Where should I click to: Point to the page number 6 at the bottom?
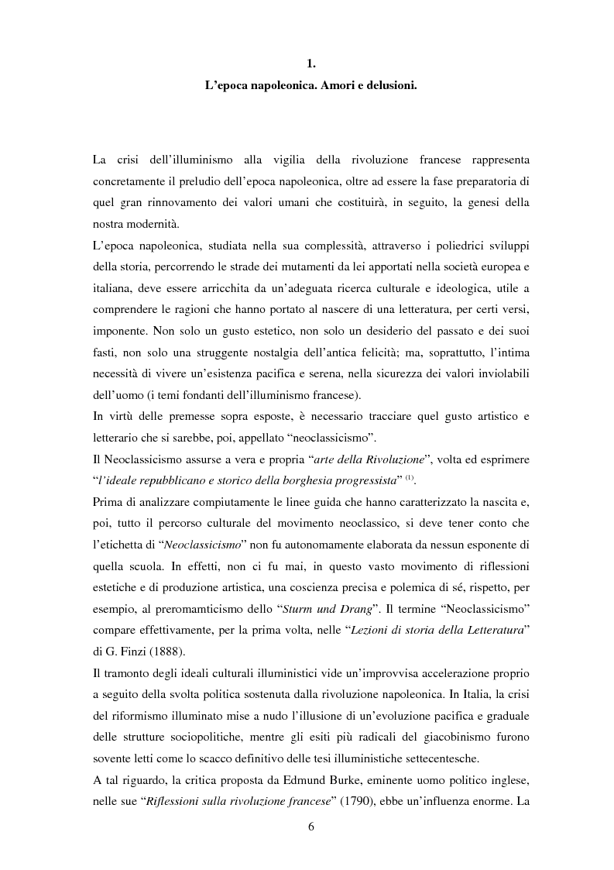pos(310,827)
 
